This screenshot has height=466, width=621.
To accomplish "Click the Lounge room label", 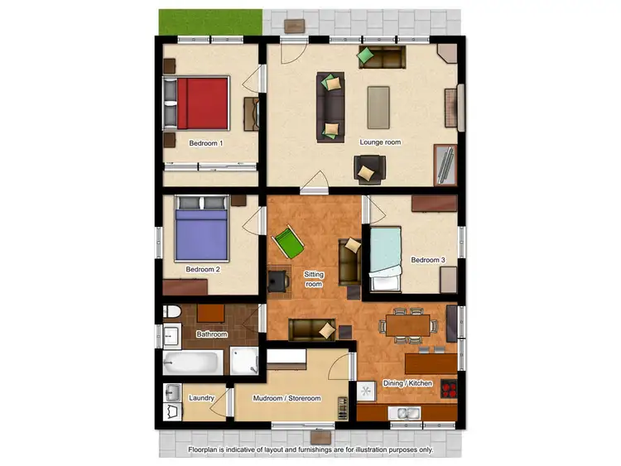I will pyautogui.click(x=380, y=142).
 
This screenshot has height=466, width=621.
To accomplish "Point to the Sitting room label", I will pyautogui.click(x=315, y=279).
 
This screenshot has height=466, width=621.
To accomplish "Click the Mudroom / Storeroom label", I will pyautogui.click(x=286, y=398).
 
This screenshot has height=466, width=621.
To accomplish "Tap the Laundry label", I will pyautogui.click(x=202, y=398).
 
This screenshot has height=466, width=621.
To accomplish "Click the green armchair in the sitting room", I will pyautogui.click(x=290, y=243).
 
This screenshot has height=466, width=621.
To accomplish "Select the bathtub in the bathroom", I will pyautogui.click(x=194, y=362).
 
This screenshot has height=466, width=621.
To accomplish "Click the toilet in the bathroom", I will pyautogui.click(x=172, y=313).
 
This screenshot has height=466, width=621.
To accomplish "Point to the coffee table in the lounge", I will pyautogui.click(x=379, y=107).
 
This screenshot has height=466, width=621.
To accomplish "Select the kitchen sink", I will pyautogui.click(x=405, y=413).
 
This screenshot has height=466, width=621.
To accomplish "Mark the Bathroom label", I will pyautogui.click(x=211, y=334).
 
